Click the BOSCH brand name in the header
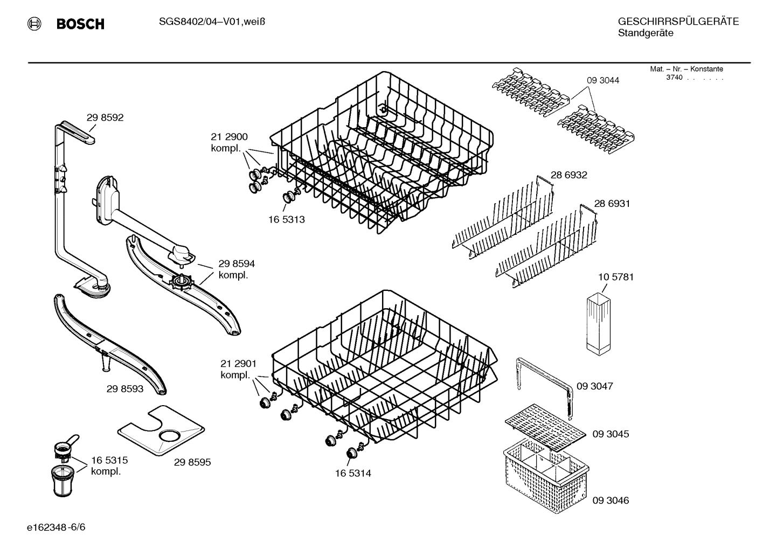click(x=80, y=24)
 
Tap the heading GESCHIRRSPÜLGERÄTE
click(x=678, y=22)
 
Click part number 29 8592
click(x=105, y=117)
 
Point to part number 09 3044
click(x=603, y=80)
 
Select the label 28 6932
click(x=568, y=175)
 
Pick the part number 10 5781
click(x=615, y=277)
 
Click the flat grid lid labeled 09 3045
click(x=544, y=426)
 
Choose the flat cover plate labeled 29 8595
click(x=162, y=431)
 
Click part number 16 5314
click(x=353, y=474)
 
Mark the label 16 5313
click(x=286, y=220)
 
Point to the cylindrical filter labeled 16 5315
click(x=64, y=479)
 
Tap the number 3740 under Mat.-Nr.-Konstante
click(x=674, y=78)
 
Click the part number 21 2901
click(x=238, y=364)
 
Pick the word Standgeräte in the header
click(x=645, y=33)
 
